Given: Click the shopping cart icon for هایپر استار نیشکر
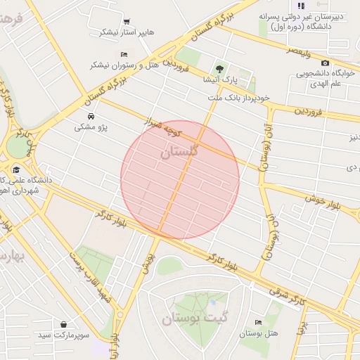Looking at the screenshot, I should click(127, 21).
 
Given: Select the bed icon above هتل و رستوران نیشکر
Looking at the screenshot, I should click(124, 54).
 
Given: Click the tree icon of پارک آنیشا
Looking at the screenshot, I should click(220, 68).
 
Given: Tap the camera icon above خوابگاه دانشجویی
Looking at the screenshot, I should click(324, 63).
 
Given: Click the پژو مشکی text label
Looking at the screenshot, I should click(91, 128).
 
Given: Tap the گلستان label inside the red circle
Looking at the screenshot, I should click(179, 151).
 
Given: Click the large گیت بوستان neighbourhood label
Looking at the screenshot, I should click(195, 318).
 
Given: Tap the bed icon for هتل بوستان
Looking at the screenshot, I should click(257, 322).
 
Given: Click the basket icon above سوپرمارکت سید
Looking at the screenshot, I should click(65, 325).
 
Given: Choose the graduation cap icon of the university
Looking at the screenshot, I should click(15, 169).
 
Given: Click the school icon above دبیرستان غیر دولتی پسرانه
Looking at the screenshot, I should click(302, 6).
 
